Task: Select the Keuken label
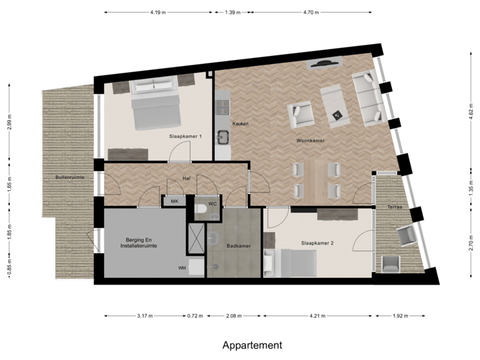click(x=240, y=124)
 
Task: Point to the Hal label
click(x=187, y=178)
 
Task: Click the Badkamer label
click(x=238, y=246)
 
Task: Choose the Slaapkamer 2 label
click(x=317, y=243)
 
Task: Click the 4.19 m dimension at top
click(x=159, y=12)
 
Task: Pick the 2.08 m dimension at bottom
click(x=234, y=316)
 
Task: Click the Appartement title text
click(x=252, y=345)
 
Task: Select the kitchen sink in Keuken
click(x=222, y=137)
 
